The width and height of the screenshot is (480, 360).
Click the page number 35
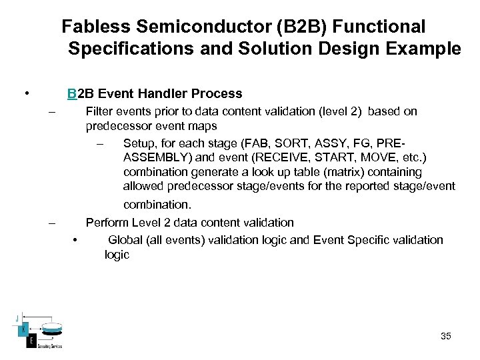(x=446, y=336)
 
